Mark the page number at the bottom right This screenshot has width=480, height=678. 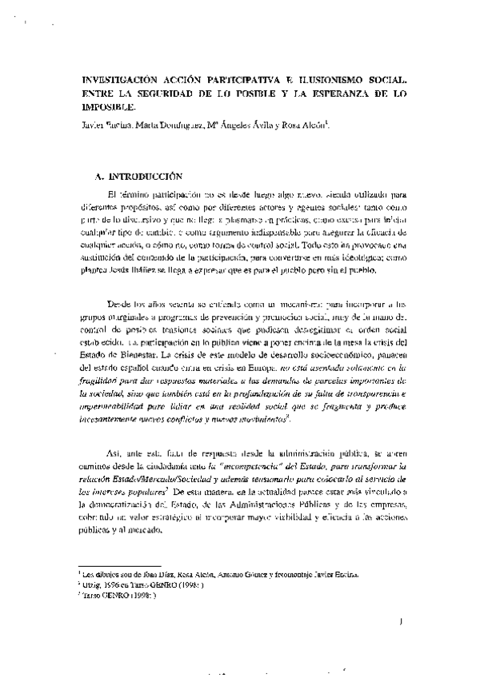[x=398, y=619]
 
